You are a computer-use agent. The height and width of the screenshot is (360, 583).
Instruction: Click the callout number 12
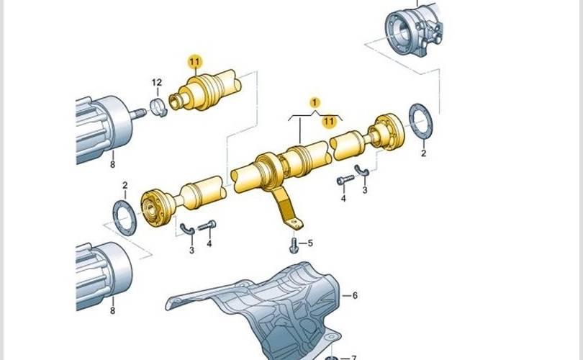pos(157,82)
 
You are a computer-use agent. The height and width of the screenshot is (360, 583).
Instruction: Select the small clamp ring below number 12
pos(159,107)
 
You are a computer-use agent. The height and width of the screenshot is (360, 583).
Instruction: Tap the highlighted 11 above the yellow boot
pos(194,62)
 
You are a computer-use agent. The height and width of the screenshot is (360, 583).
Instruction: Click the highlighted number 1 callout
pos(315,102)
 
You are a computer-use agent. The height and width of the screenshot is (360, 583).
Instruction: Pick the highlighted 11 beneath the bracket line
pos(329,121)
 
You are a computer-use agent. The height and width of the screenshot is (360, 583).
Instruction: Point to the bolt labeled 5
pos(294,245)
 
